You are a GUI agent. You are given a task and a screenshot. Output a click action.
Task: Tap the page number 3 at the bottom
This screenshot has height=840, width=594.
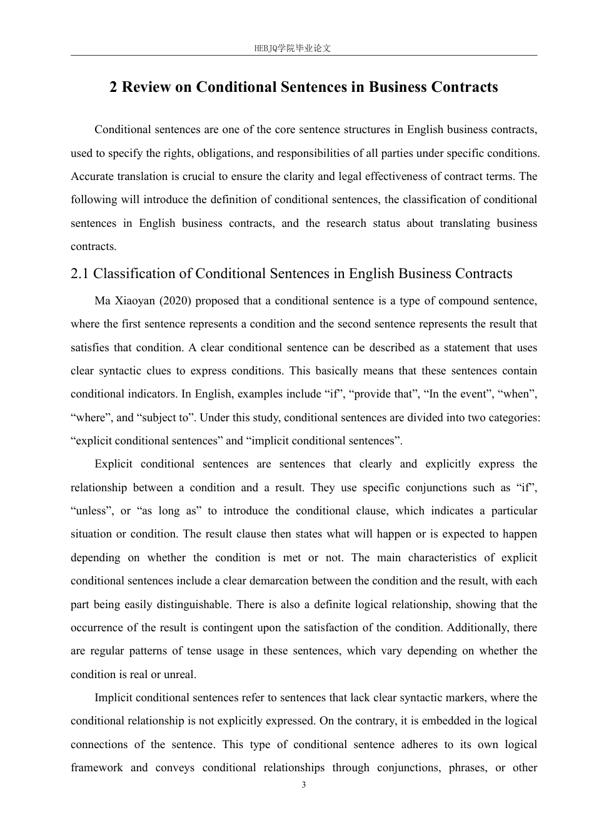pos(304,785)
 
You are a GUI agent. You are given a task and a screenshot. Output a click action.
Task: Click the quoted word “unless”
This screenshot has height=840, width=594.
pos(89,511)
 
